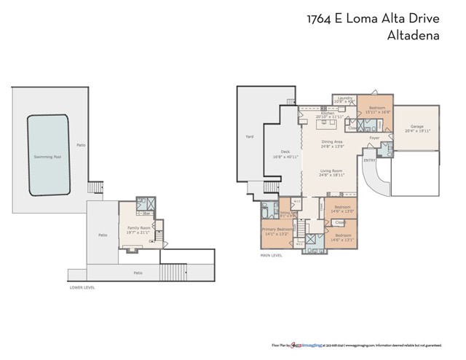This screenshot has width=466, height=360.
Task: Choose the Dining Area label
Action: coord(331,144)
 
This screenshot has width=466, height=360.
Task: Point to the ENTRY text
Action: coord(369,160)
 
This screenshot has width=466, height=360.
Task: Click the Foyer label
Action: coord(374,137)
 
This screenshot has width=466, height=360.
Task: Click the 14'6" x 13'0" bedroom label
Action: coord(342,208)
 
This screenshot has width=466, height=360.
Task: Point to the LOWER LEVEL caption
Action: coord(82,288)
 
